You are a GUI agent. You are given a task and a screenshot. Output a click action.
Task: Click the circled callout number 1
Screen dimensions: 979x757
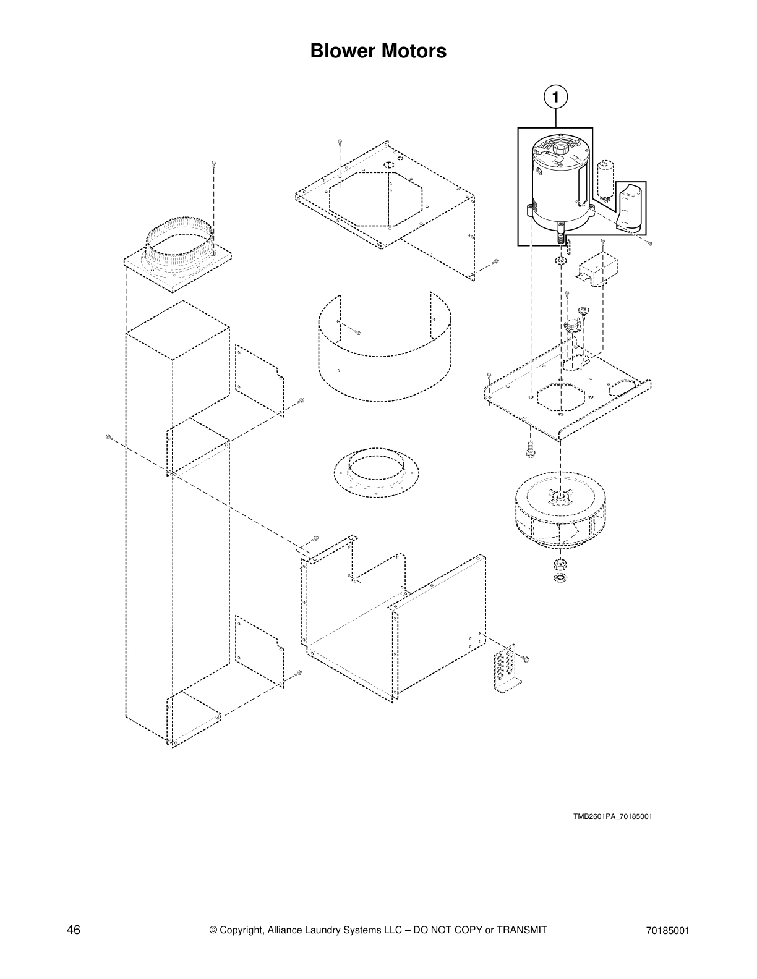pyautogui.click(x=555, y=97)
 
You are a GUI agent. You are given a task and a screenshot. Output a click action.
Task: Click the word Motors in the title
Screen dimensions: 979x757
pyautogui.click(x=415, y=51)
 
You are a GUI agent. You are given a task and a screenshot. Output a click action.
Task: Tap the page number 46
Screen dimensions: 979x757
pyautogui.click(x=74, y=930)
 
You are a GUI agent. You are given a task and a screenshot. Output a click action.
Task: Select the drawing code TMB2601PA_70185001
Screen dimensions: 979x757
pyautogui.click(x=612, y=816)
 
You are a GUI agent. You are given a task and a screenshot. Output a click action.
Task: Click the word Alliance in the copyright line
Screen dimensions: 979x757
pyautogui.click(x=289, y=930)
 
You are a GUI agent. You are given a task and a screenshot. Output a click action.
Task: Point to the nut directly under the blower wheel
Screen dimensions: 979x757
pyautogui.click(x=560, y=564)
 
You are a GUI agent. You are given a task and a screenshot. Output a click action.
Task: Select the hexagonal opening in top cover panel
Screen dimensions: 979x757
pyautogui.click(x=375, y=199)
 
